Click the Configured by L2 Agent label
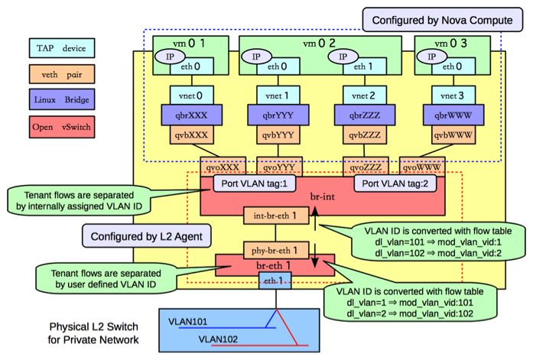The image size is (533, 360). (x=145, y=236)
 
